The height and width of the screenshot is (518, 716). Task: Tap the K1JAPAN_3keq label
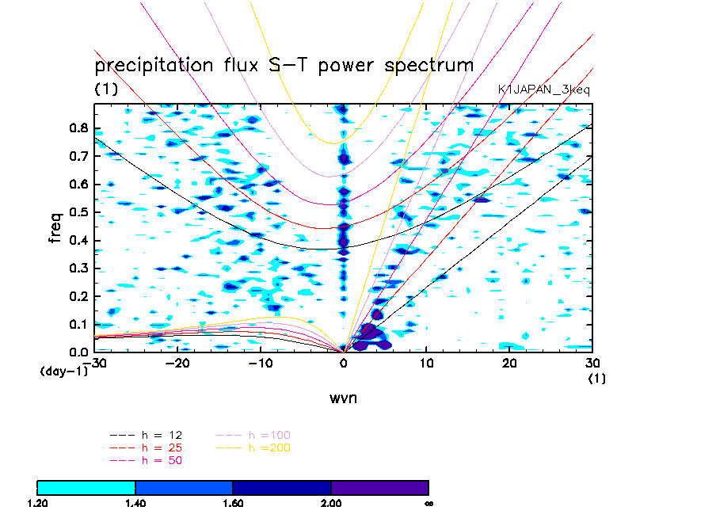(543, 90)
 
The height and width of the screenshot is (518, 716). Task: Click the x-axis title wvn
(344, 398)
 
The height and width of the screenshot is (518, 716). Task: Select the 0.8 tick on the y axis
(78, 128)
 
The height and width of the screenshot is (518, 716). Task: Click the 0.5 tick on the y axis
(78, 211)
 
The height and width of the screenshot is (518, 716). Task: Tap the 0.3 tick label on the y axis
(78, 268)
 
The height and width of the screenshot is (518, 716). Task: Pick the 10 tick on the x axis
(427, 364)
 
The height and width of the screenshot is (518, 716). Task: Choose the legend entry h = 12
(162, 436)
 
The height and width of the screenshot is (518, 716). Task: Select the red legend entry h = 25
(162, 448)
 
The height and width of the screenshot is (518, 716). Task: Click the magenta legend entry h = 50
(162, 459)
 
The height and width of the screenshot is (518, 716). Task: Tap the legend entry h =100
(269, 436)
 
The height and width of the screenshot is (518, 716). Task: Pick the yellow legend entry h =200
(269, 448)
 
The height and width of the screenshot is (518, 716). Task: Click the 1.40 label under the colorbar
(135, 502)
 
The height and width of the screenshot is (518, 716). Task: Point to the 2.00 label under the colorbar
(331, 502)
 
